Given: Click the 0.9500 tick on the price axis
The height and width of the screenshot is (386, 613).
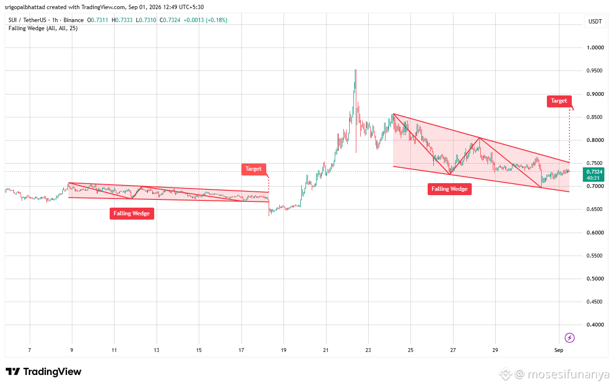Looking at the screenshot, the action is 595,70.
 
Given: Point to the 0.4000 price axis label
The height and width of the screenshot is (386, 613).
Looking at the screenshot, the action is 595,325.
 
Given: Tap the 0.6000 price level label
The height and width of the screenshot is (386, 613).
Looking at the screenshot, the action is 595,233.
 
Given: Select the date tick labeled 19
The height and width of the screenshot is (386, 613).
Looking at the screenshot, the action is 284,350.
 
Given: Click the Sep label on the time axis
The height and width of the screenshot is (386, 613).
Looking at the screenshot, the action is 558,350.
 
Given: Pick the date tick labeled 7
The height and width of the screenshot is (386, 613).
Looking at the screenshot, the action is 30,350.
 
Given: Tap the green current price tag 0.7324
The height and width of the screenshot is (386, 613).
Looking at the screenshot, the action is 593,175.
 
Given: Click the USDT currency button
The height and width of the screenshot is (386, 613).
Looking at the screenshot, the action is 595,22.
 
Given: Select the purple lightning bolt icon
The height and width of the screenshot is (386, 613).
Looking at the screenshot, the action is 569,338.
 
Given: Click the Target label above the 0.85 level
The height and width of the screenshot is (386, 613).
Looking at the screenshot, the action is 559,101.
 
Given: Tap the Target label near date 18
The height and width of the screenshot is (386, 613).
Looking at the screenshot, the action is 253,169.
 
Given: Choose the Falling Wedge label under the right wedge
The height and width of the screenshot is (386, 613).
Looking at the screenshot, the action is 449,189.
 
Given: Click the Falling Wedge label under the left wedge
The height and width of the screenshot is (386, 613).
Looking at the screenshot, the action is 132,213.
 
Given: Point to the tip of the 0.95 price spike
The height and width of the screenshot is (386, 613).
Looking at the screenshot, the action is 355,70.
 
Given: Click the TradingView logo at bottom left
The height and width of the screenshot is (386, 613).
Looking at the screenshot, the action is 44,372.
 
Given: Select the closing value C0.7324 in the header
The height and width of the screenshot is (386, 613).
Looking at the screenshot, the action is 170,20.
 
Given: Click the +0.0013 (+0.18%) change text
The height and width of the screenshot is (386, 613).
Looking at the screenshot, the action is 205,20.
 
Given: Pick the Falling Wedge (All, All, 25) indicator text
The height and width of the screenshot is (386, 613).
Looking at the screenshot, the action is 43,28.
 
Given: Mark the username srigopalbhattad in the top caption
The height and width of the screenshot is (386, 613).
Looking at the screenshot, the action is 24,7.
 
